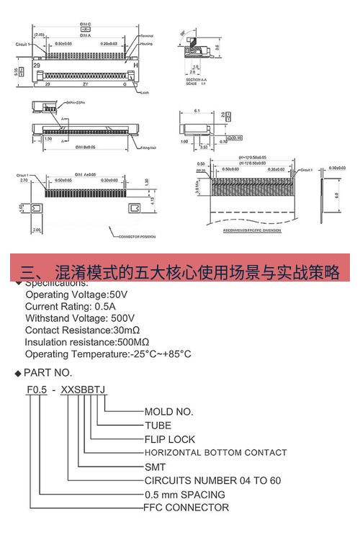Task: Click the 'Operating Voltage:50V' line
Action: (76, 295)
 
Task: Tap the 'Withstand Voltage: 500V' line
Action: (79, 318)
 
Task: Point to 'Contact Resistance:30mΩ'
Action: (82, 330)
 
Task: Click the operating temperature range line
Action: (108, 354)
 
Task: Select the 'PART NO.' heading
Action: (48, 372)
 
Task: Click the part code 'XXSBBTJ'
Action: (84, 390)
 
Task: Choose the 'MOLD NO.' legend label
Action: (169, 412)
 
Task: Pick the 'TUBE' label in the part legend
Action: (158, 426)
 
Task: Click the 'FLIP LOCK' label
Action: (170, 439)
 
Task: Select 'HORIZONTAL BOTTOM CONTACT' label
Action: (216, 453)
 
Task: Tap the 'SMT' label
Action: (156, 467)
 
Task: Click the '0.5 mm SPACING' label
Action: (185, 495)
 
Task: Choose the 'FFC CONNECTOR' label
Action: (187, 508)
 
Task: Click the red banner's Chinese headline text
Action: (180, 272)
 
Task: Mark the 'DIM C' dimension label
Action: (84, 24)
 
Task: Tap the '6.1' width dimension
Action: (196, 112)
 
